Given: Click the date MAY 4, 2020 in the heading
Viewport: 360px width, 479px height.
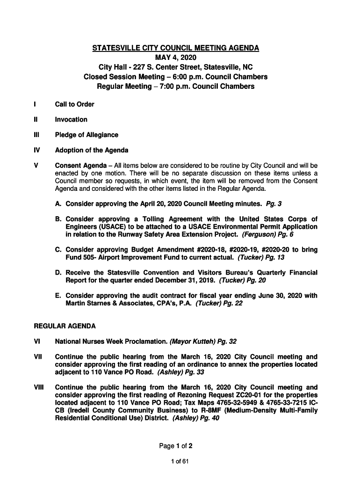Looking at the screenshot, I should (175, 58).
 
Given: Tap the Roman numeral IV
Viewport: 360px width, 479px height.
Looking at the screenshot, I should (37, 150).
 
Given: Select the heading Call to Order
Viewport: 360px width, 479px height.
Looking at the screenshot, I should (74, 104).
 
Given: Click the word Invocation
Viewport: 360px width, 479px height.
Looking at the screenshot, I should (71, 120).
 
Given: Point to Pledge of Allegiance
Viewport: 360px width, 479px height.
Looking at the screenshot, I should (86, 135).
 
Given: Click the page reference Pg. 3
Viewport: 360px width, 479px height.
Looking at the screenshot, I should (274, 204).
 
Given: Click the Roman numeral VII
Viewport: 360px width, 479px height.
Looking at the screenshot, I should (38, 356).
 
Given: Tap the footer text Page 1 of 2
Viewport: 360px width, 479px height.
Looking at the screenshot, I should (175, 446).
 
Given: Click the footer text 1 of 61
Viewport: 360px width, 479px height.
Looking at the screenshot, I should (180, 462).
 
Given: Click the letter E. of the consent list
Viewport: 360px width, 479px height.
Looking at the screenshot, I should (58, 296).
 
